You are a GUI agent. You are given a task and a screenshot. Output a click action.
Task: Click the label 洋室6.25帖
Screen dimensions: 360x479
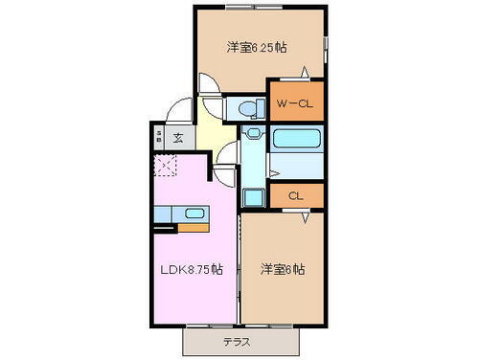[x=258, y=46]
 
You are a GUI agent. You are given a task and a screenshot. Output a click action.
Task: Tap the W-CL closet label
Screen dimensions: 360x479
[x=294, y=103]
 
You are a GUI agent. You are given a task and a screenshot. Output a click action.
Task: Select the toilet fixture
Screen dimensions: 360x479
[x=246, y=106]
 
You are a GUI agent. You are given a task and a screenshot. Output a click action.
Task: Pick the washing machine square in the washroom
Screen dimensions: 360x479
[x=253, y=198]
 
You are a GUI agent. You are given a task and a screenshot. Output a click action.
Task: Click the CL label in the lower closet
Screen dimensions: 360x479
[x=295, y=195]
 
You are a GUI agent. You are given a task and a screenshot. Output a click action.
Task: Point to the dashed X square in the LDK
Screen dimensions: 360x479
[x=165, y=168]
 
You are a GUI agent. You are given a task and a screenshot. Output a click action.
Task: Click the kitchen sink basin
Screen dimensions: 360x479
[x=194, y=214]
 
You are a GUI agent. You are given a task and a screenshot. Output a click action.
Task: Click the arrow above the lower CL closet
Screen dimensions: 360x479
[x=276, y=173]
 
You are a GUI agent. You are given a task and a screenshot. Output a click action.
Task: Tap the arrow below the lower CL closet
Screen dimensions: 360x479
[x=306, y=217]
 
